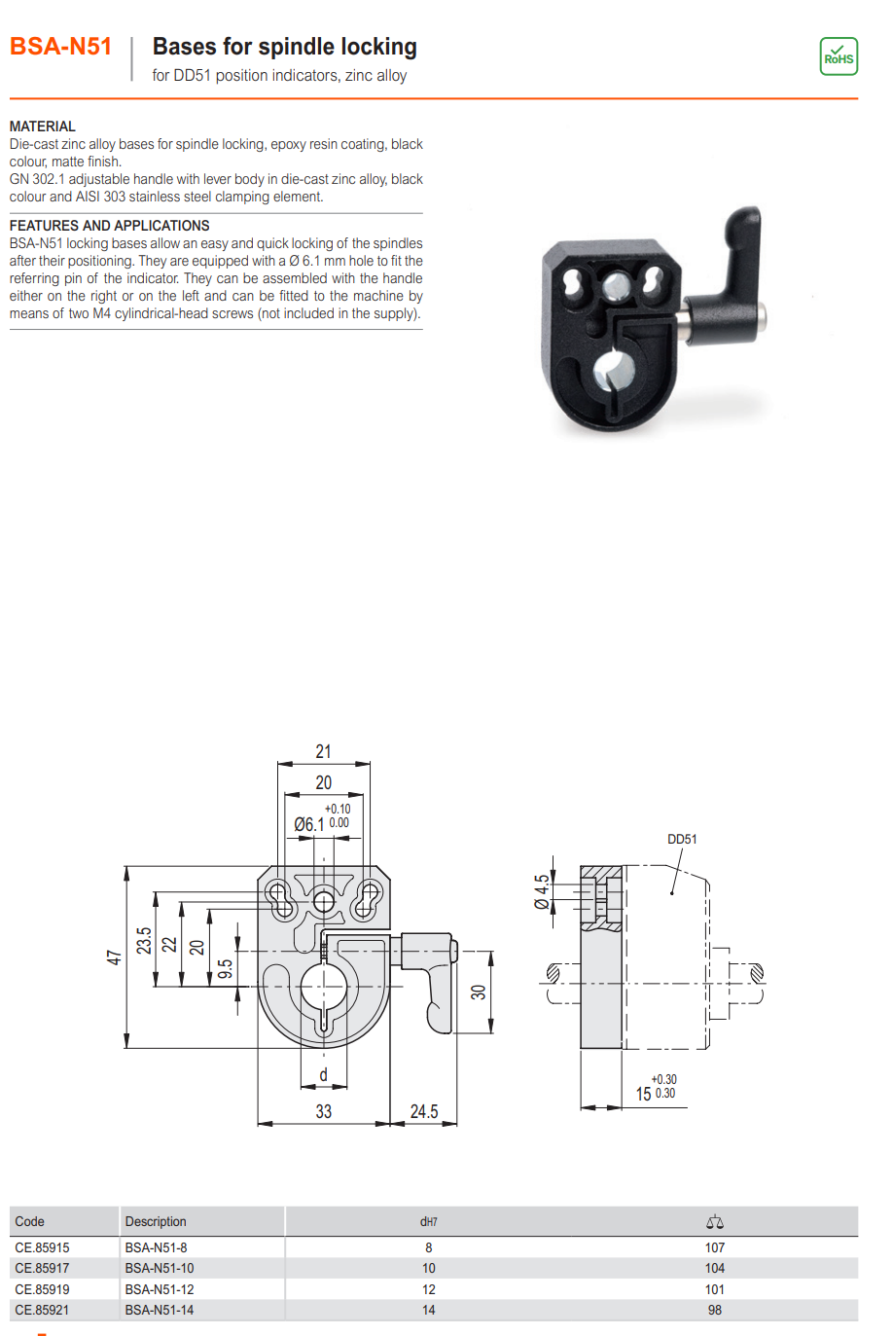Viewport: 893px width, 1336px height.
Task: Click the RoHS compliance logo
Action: [x=838, y=56]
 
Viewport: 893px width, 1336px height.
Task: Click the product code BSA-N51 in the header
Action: [x=60, y=47]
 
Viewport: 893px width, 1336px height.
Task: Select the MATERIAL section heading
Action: [x=42, y=126]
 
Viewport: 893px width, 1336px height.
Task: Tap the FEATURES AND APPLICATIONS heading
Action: [x=109, y=226]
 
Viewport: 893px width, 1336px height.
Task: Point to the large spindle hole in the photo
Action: [x=614, y=374]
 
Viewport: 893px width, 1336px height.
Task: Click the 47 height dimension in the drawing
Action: [x=114, y=957]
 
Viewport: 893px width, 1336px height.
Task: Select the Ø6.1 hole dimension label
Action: [x=309, y=824]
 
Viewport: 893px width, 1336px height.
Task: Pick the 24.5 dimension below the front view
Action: [x=423, y=1111]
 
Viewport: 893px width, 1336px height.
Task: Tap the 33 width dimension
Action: [x=323, y=1111]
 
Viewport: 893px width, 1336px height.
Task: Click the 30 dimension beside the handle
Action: [x=478, y=992]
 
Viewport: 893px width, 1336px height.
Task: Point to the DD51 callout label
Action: [x=682, y=839]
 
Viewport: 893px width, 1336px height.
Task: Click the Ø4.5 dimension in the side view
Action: [x=541, y=891]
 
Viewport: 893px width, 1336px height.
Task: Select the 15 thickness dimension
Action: [x=643, y=1094]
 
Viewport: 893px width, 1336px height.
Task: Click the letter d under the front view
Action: [x=323, y=1074]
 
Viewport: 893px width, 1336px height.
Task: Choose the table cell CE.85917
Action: [x=42, y=1268]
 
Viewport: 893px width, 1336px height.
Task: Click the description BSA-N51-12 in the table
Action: [x=159, y=1289]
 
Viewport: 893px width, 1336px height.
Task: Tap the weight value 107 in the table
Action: [x=714, y=1247]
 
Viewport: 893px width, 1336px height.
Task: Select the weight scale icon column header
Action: [x=714, y=1222]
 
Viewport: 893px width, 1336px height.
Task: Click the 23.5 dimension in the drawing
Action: [x=144, y=941]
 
